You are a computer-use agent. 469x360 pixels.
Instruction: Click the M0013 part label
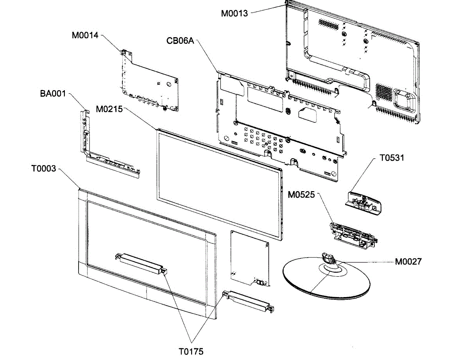[x=234, y=13]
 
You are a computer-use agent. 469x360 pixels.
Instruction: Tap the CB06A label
[x=181, y=40]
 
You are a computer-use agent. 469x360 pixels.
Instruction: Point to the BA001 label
[x=53, y=94]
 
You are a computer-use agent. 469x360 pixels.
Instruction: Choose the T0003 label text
[x=44, y=169]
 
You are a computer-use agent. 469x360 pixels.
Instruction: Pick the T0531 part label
[x=392, y=158]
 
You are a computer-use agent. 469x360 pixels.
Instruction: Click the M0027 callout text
[x=408, y=261]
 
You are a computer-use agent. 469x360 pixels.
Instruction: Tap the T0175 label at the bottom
[x=191, y=351]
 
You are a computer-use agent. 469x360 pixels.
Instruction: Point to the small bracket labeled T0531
[x=363, y=202]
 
